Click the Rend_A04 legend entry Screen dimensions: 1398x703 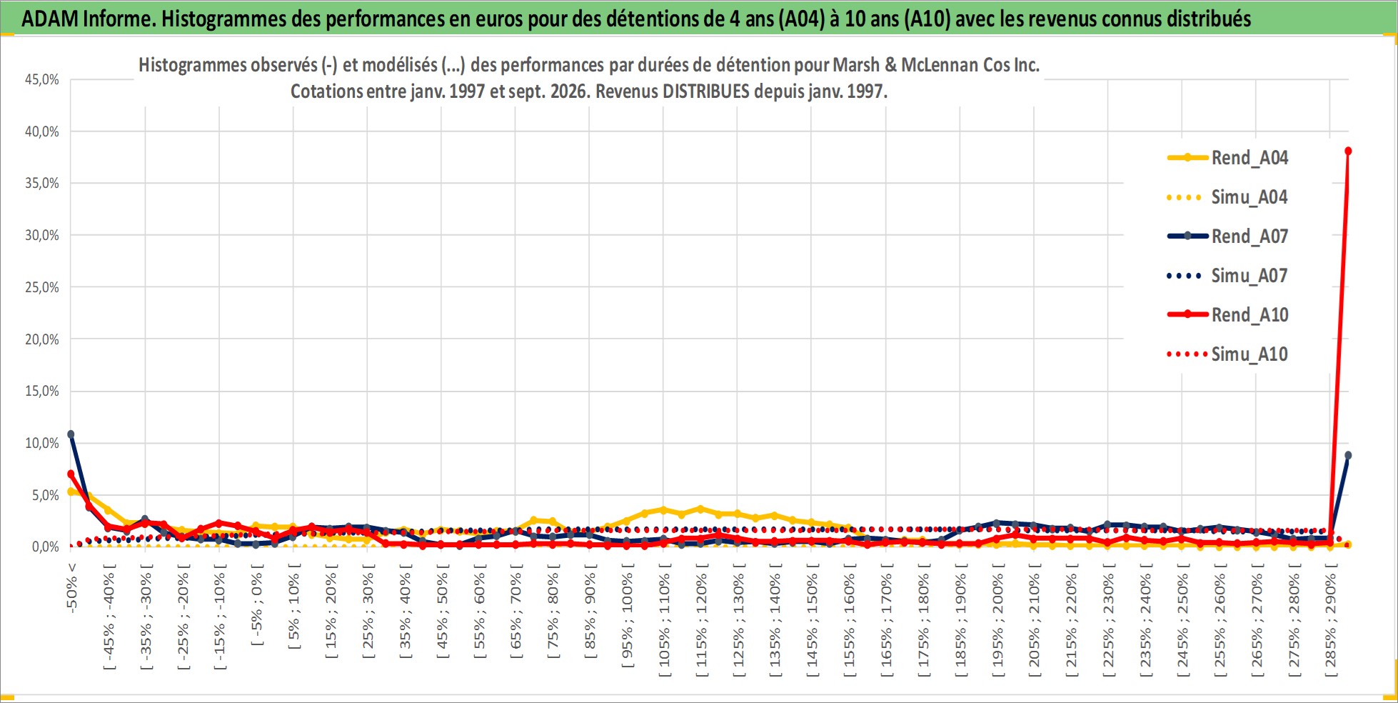1227,158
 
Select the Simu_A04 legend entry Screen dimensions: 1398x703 1227,197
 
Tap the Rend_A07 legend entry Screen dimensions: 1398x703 1227,236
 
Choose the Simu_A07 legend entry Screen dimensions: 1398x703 1227,276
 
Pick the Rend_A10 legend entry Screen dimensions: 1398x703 1227,315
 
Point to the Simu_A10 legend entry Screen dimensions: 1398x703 1227,354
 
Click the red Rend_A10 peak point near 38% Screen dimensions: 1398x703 1348,151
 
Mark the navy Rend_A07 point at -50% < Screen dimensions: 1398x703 71,434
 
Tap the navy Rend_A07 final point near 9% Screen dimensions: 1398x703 1348,455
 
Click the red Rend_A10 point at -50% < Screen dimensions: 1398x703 71,474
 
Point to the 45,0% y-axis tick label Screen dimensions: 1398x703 42,79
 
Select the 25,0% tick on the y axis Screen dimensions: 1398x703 42,287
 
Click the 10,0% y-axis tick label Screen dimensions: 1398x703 42,443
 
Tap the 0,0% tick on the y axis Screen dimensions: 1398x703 46,547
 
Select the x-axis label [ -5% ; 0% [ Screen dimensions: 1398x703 256,606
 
